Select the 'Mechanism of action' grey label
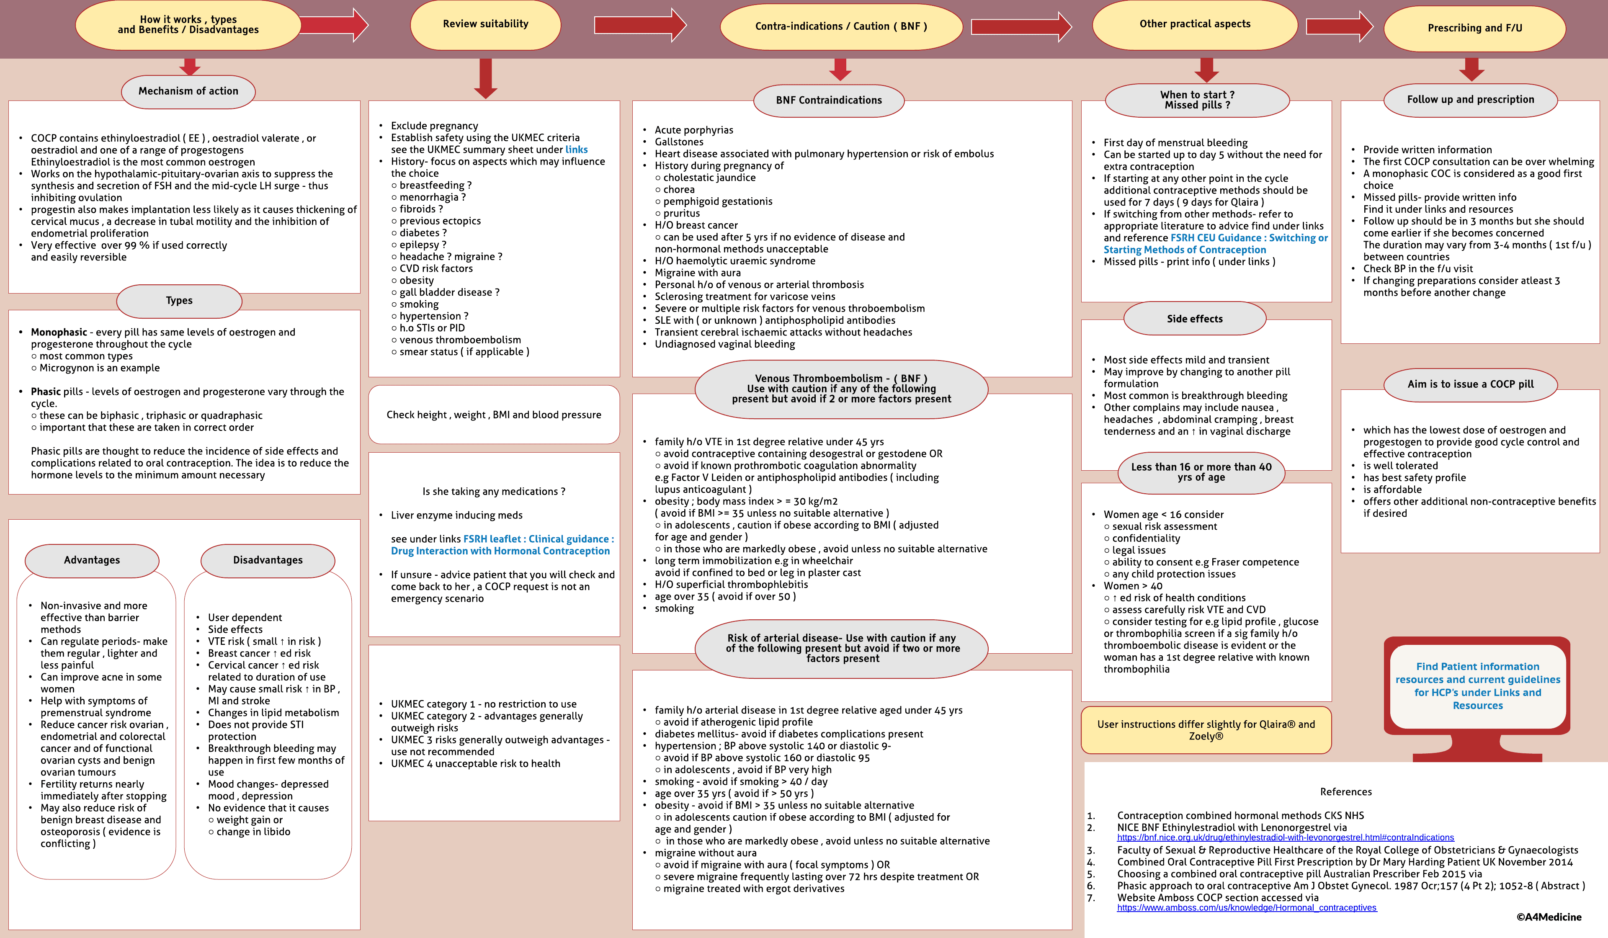(x=188, y=91)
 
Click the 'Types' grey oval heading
(x=179, y=301)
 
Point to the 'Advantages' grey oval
(x=92, y=560)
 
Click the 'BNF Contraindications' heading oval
(x=828, y=100)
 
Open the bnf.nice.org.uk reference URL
(x=1285, y=838)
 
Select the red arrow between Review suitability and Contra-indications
(x=639, y=26)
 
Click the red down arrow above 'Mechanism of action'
(x=190, y=66)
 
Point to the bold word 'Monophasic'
(x=59, y=332)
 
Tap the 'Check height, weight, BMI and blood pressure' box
(x=494, y=415)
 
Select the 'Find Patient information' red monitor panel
(x=1477, y=686)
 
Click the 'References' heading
(x=1346, y=792)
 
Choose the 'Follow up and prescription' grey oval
(x=1470, y=100)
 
